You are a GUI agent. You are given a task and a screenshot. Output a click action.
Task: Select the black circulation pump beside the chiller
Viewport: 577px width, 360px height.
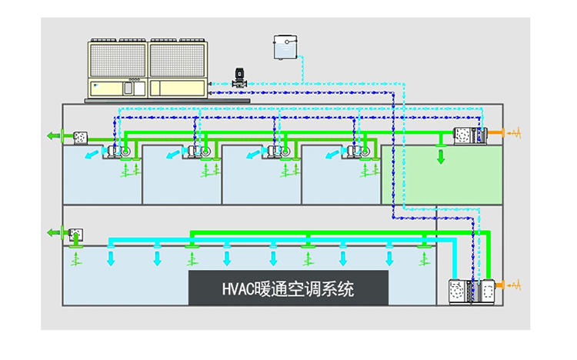[238, 79]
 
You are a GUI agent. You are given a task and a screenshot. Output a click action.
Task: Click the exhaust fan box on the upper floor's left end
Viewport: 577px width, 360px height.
[81, 137]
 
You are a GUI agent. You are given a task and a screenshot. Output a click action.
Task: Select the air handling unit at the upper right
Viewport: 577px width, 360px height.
[469, 135]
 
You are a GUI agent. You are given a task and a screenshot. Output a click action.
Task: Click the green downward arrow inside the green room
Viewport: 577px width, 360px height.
[441, 157]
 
